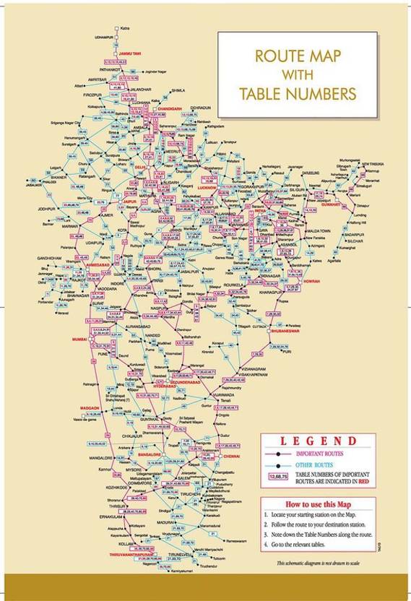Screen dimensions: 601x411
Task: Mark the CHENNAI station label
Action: click(231, 457)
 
